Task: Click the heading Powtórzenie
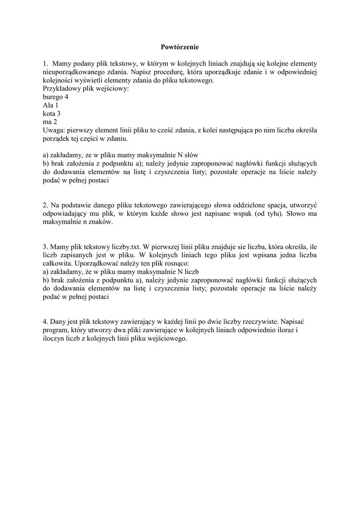pos(180,47)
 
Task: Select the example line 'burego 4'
pos(56,97)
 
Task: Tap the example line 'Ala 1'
pos(51,105)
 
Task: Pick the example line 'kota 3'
pos(52,113)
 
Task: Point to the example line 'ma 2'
pos(50,121)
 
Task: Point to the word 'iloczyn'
pos(55,338)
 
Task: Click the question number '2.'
pos(46,205)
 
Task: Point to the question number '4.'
pos(46,321)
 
